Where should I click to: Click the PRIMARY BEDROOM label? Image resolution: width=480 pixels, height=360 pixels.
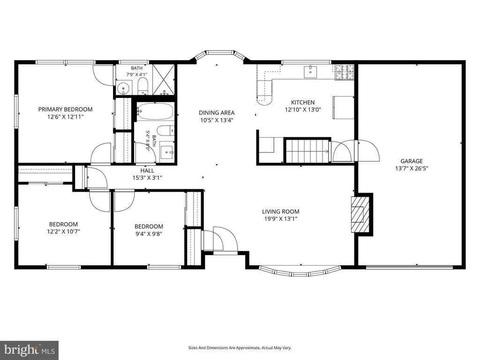pos(65,109)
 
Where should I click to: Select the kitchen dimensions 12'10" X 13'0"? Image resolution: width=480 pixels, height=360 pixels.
pos(303,110)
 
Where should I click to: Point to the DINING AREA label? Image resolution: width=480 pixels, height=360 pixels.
pos(217,112)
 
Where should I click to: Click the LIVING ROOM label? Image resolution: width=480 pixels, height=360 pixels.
pos(281,211)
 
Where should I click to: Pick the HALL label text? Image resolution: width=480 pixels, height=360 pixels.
pos(147,171)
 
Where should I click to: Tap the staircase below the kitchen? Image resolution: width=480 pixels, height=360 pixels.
pos(307,151)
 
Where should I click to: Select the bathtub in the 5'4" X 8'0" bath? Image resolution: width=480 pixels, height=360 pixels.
pos(155,111)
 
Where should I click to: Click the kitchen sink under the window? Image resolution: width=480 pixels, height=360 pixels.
pos(311,72)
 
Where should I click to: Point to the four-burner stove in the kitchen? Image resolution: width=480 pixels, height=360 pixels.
pos(345,73)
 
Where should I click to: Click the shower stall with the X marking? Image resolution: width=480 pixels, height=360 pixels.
pos(164,80)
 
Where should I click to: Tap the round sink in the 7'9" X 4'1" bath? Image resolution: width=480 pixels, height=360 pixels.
pos(123,89)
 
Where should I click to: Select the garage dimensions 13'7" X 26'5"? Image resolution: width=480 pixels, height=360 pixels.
pos(412,168)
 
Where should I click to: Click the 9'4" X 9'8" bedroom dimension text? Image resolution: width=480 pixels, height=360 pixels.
pos(149,234)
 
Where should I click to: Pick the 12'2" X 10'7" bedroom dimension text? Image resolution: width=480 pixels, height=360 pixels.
pos(63,232)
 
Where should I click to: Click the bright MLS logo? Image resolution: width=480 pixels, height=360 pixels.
pos(30,350)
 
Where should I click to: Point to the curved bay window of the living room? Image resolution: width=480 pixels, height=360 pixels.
pos(300,271)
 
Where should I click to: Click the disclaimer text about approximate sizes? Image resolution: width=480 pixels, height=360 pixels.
pos(240,348)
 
